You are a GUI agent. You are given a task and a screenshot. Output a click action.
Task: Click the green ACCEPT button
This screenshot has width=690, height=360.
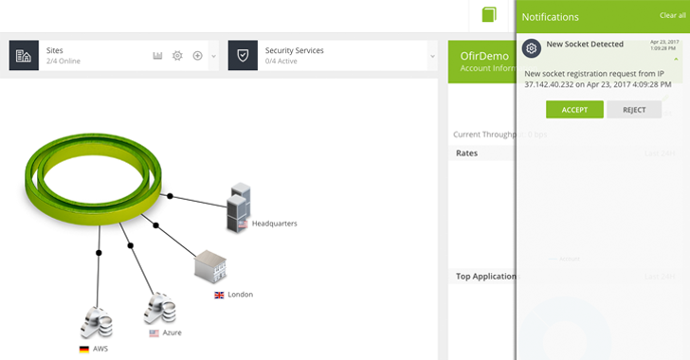tap(574, 110)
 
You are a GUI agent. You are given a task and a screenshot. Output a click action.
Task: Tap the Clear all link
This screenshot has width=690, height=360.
tap(672, 16)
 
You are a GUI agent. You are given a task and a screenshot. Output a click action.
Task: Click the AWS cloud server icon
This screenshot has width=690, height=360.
tap(97, 323)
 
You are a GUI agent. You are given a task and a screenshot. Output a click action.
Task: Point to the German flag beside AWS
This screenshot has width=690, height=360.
tap(84, 349)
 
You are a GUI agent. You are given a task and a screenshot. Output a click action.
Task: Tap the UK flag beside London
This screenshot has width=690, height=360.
tap(220, 295)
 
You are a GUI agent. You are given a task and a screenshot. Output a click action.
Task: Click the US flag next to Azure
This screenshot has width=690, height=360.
tap(154, 333)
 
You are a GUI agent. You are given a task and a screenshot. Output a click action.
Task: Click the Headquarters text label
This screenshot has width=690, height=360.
tap(274, 224)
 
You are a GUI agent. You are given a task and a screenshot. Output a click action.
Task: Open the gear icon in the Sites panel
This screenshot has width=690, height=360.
tap(177, 56)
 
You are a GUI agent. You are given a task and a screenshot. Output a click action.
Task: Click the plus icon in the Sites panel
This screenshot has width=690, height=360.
tap(197, 56)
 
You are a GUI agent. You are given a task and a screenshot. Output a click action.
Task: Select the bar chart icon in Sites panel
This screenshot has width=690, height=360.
tap(158, 56)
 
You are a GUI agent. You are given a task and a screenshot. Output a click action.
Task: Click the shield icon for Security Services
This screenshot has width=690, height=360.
tap(243, 56)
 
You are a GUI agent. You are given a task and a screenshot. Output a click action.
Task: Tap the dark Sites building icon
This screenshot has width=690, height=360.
tap(24, 56)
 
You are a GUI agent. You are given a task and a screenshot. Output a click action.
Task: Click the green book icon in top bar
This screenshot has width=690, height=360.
tap(489, 14)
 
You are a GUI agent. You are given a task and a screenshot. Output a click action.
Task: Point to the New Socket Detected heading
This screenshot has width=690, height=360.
tap(585, 45)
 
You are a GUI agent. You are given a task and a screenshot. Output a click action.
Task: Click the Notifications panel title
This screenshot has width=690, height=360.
tap(551, 17)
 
